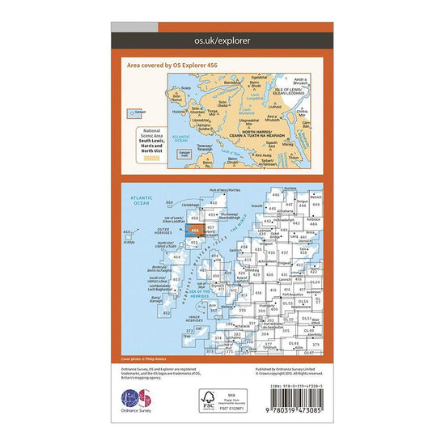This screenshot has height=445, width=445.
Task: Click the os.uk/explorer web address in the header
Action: [x=222, y=39]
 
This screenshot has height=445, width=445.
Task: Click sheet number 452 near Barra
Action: [x=167, y=312]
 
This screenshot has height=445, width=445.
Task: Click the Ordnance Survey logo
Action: [x=135, y=399]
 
